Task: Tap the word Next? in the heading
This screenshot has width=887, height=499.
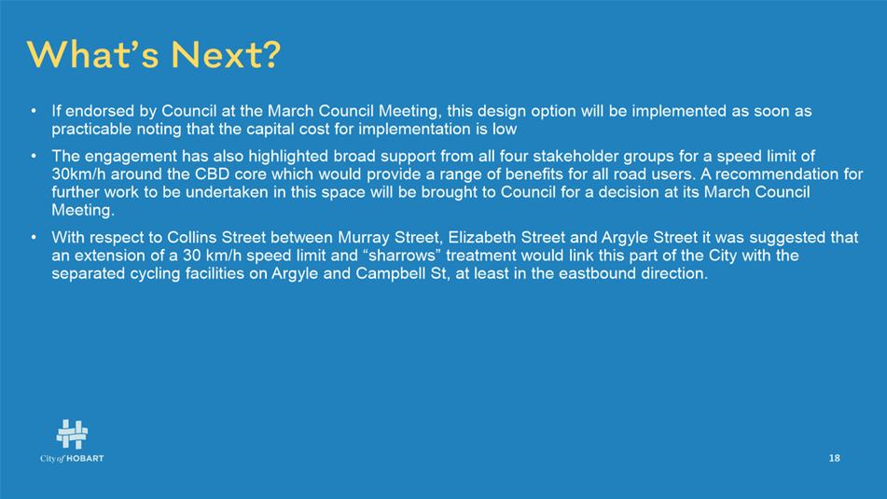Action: pyautogui.click(x=226, y=55)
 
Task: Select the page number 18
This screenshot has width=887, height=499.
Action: pyautogui.click(x=835, y=458)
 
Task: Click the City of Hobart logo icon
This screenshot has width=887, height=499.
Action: pyautogui.click(x=72, y=434)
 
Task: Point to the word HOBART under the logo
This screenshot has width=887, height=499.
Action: pyautogui.click(x=86, y=458)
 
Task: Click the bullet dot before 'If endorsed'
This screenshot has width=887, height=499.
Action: pyautogui.click(x=34, y=110)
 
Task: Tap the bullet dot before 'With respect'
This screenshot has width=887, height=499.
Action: pyautogui.click(x=34, y=237)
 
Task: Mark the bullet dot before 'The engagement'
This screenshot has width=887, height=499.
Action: pyautogui.click(x=34, y=155)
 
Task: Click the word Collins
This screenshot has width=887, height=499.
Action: pyautogui.click(x=191, y=237)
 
